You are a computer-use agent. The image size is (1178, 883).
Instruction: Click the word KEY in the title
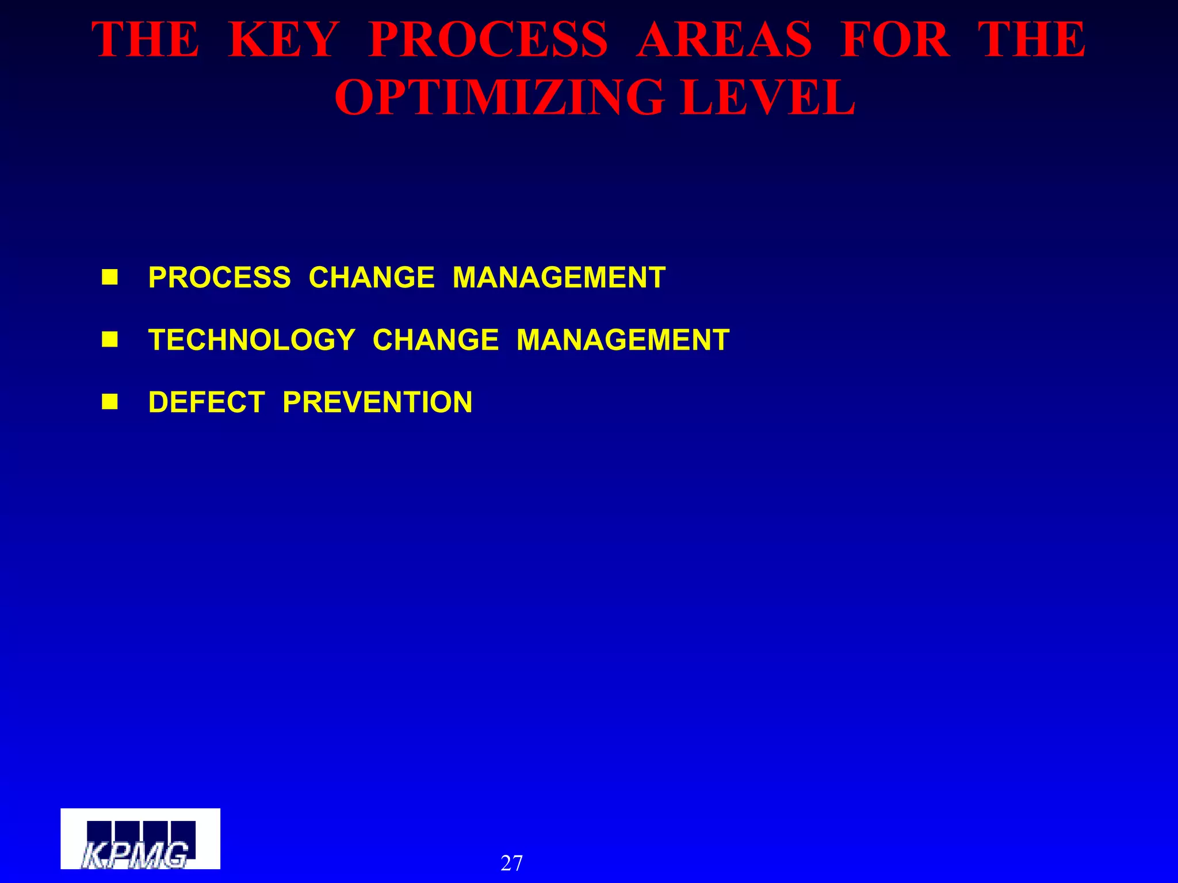click(283, 40)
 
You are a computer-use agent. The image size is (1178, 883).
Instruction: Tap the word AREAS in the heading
click(724, 40)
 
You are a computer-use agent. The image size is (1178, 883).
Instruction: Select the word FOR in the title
click(894, 40)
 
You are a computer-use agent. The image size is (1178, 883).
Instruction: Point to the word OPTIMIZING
click(499, 98)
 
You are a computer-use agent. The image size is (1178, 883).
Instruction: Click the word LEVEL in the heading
click(767, 98)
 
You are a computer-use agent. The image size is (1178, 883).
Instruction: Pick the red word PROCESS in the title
click(488, 40)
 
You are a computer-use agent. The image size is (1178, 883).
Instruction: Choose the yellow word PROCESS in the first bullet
click(220, 278)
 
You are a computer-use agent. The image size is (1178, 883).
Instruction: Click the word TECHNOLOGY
click(252, 340)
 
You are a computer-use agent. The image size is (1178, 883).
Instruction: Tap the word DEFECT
click(206, 402)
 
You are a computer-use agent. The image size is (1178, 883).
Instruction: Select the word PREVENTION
click(377, 402)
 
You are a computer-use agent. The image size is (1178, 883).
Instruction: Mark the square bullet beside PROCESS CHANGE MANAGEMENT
click(110, 278)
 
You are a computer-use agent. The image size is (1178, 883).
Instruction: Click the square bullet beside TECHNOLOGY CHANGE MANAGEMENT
click(110, 340)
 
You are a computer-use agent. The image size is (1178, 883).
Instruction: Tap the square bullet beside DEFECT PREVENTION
click(110, 402)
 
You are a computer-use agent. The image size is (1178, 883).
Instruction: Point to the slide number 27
click(511, 863)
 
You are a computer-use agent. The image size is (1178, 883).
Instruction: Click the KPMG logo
click(140, 838)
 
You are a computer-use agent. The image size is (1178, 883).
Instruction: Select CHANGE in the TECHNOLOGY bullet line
click(435, 340)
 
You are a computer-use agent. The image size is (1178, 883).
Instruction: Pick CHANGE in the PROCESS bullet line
click(372, 278)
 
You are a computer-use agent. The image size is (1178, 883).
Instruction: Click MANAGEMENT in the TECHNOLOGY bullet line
click(623, 340)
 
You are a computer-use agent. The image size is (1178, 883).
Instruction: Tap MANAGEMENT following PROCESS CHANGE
click(559, 278)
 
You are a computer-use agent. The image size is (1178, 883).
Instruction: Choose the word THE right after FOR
click(1032, 40)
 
